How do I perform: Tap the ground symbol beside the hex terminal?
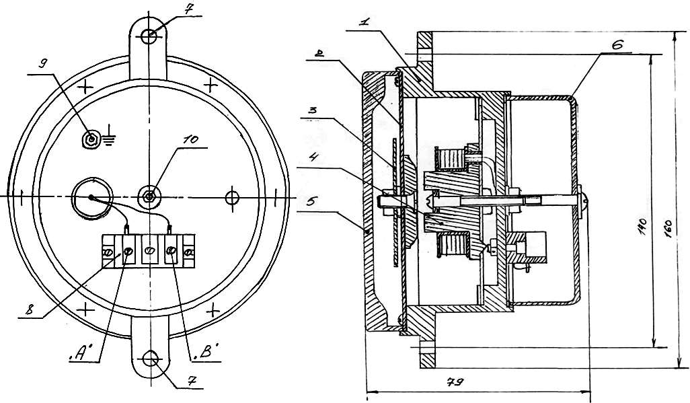[109, 139]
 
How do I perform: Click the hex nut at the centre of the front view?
[149, 196]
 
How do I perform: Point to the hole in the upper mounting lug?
[149, 37]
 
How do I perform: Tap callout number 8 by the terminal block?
[30, 310]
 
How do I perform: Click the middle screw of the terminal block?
[149, 250]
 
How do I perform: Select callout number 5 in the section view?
[311, 202]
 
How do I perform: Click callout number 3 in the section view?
[312, 110]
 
